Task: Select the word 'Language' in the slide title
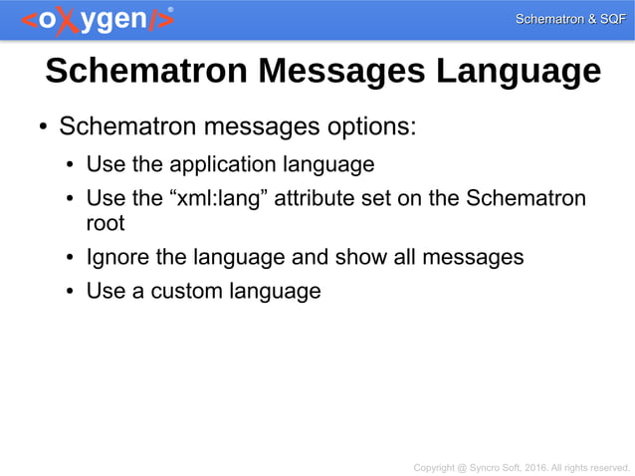click(514, 72)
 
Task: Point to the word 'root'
click(106, 223)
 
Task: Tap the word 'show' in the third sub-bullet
click(361, 257)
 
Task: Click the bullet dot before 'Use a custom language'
click(70, 292)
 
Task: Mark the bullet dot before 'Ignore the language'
click(70, 258)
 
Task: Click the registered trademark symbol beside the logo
click(170, 9)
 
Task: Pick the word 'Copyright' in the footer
click(434, 466)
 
